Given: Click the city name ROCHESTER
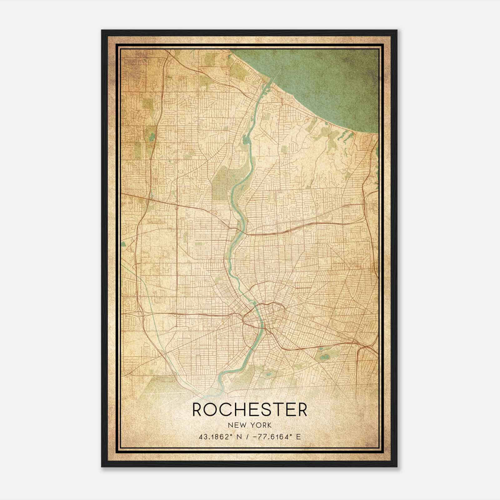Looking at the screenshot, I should click(x=250, y=410).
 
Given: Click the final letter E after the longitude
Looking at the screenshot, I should click(x=298, y=437).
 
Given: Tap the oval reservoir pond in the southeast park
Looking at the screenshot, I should click(x=324, y=357).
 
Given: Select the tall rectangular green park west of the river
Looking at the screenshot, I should click(x=220, y=184).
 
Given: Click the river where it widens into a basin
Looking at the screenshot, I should click(x=247, y=139).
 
